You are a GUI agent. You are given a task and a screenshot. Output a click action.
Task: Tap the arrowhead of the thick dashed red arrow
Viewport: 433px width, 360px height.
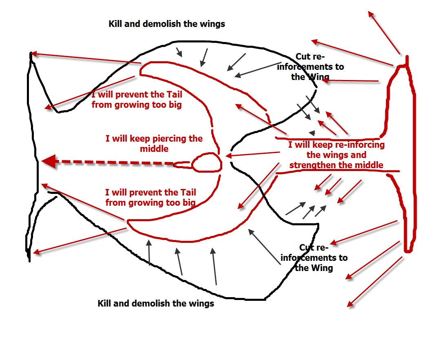(x=48, y=161)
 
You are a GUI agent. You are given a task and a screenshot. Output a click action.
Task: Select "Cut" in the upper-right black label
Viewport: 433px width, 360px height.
(x=304, y=57)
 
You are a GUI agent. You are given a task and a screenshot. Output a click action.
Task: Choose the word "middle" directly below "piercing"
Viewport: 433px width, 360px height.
(x=154, y=149)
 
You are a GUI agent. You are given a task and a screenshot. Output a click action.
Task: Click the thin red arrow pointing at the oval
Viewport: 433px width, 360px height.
(x=253, y=154)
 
